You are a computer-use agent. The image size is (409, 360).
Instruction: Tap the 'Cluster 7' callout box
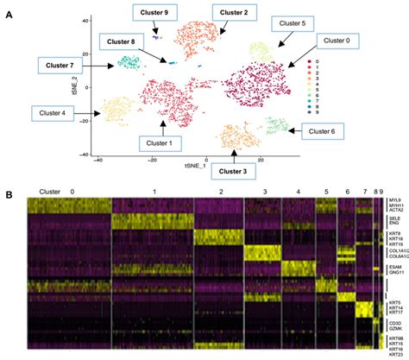point(59,66)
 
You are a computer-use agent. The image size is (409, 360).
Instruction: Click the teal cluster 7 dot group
point(129,62)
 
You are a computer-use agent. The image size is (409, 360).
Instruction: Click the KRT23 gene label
point(395,353)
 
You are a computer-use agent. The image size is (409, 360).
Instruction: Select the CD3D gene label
point(395,321)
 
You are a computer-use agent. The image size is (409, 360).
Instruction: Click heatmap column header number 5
point(326,191)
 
